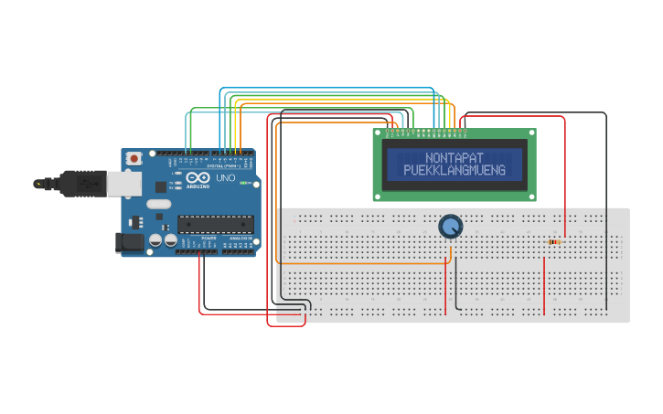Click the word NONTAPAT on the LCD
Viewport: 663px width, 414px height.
454,158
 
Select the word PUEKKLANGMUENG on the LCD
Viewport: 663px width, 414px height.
454,171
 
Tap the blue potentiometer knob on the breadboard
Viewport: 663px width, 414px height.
450,226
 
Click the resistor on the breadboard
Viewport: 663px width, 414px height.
554,242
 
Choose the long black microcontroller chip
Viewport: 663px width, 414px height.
216,223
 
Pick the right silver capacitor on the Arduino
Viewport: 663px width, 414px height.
170,240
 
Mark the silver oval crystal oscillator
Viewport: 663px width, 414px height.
157,205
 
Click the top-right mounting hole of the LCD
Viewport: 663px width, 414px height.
529,134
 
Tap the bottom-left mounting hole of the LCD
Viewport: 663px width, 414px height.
379,194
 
